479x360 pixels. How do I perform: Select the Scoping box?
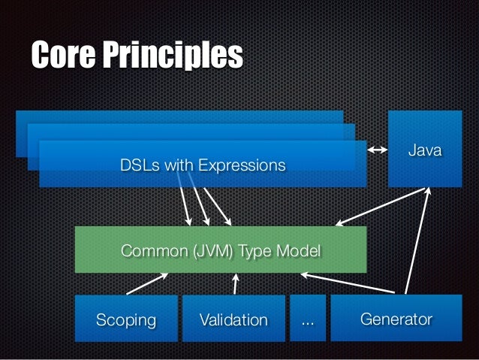click(126, 320)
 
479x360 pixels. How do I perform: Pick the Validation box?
click(233, 320)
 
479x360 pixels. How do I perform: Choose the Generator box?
click(396, 319)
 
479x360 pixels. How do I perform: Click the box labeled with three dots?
click(308, 320)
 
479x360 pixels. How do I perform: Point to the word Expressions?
click(241, 165)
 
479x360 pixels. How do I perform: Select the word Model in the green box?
click(300, 250)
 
